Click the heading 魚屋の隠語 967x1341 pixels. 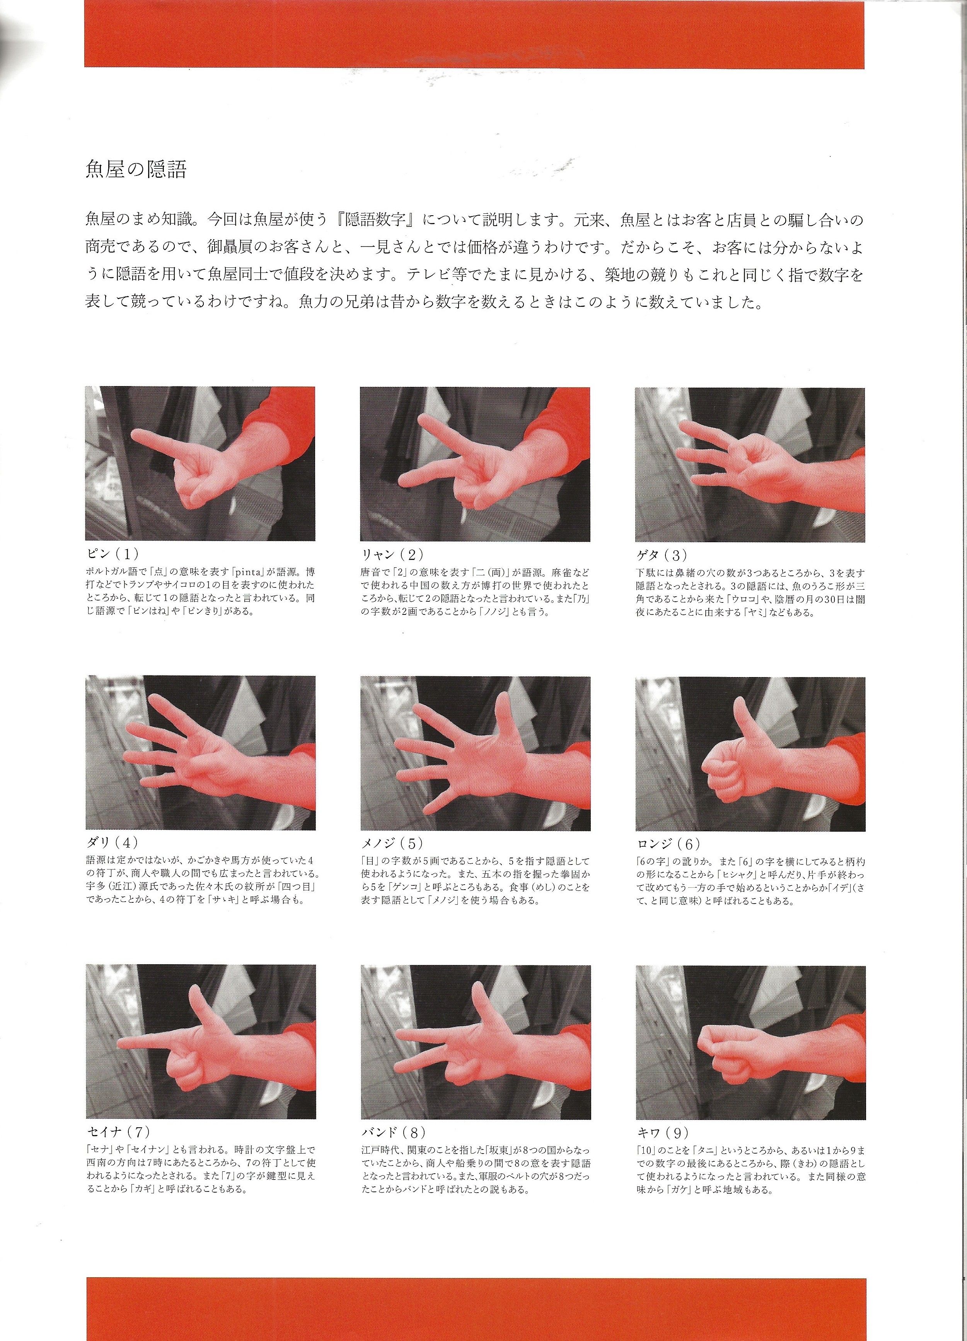click(136, 170)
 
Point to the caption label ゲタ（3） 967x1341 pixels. click(662, 554)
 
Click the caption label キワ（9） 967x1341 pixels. click(662, 1132)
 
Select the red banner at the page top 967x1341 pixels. click(475, 33)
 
